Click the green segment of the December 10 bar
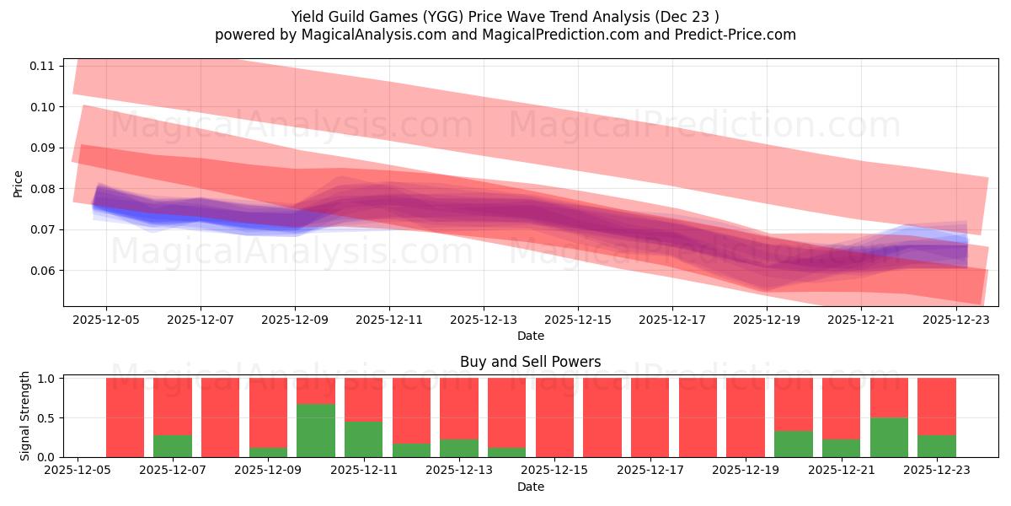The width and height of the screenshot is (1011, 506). point(316,430)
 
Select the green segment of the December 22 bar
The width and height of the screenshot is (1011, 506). point(889,437)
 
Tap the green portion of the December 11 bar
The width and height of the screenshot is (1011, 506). point(363,439)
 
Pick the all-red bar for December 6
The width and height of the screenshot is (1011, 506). point(125,417)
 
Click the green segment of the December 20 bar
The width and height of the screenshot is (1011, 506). point(794,444)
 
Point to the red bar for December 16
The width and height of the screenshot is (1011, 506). point(602,417)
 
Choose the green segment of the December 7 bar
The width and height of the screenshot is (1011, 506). point(173,445)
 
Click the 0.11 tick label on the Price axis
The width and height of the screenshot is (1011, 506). point(42,66)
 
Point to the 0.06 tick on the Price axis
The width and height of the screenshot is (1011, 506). point(42,271)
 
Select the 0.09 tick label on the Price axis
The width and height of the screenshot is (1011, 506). point(42,148)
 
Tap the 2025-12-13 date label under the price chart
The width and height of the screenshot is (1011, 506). point(484,320)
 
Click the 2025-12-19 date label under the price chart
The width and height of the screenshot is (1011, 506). point(767,320)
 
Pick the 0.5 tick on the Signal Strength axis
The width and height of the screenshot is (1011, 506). point(47,417)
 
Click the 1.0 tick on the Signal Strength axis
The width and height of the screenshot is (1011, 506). point(47,379)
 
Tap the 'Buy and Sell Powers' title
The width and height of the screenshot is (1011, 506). point(530,362)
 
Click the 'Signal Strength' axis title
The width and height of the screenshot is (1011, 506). point(25,416)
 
